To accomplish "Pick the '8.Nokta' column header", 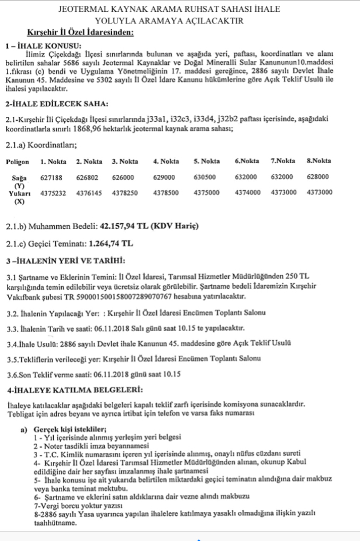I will [319, 161].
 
